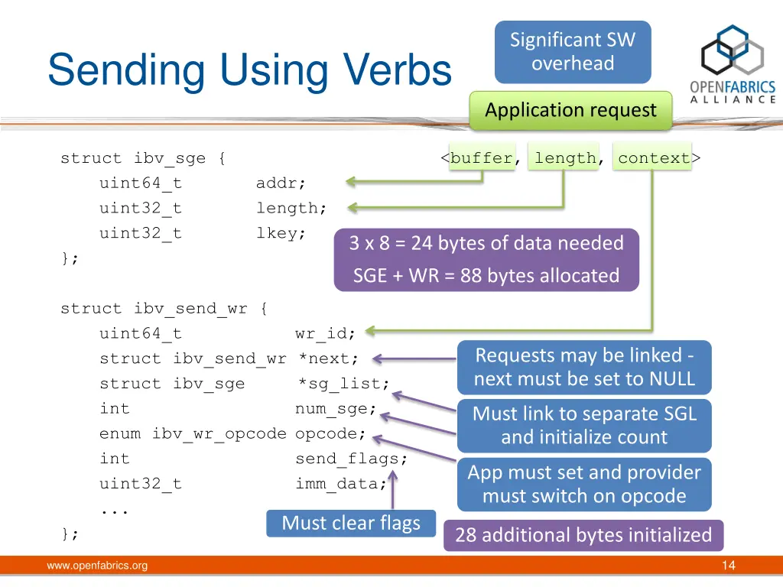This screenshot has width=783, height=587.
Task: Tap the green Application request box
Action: point(570,110)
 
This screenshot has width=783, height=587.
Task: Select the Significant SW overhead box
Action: point(573,52)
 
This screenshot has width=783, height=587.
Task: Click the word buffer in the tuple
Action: point(482,157)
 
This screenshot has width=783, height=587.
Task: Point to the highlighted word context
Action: point(654,157)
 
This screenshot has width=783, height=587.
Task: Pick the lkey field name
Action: point(281,233)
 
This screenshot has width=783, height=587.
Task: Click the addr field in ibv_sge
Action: point(281,183)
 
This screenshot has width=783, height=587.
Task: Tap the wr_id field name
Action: point(325,333)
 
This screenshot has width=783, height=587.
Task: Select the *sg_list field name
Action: point(343,384)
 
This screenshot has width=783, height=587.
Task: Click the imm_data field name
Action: point(341,484)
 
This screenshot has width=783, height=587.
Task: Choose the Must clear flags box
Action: point(351,523)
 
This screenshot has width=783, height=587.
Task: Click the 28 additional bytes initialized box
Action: point(583,535)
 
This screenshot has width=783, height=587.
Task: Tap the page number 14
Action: point(729,566)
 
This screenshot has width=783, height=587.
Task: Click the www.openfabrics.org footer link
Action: point(97,566)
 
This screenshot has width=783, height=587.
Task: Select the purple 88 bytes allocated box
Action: point(486,260)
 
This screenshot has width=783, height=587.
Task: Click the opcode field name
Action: point(330,434)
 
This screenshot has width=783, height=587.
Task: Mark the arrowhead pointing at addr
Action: point(350,182)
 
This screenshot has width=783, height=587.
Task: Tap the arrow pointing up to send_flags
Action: point(393,490)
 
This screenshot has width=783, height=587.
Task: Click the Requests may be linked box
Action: point(584,368)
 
